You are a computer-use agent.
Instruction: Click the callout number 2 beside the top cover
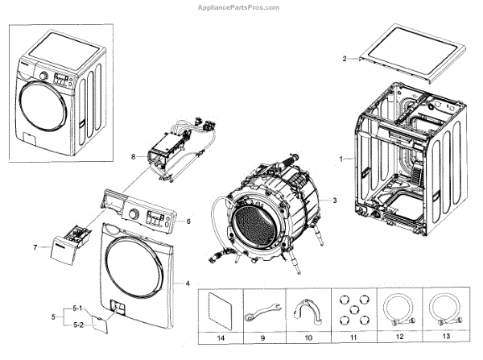[x=344, y=59]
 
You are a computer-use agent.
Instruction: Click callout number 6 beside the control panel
[x=188, y=221]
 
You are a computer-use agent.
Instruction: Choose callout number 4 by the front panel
[x=188, y=283]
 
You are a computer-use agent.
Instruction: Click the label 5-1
[x=77, y=308]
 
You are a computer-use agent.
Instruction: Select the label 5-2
[x=77, y=324]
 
